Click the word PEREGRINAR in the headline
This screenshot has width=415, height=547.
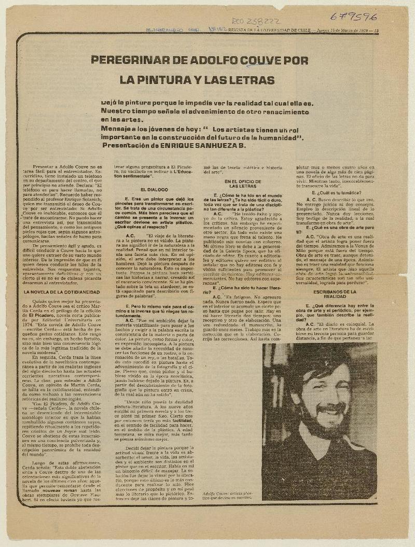click(x=123, y=60)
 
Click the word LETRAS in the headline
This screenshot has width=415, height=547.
click(x=252, y=80)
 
